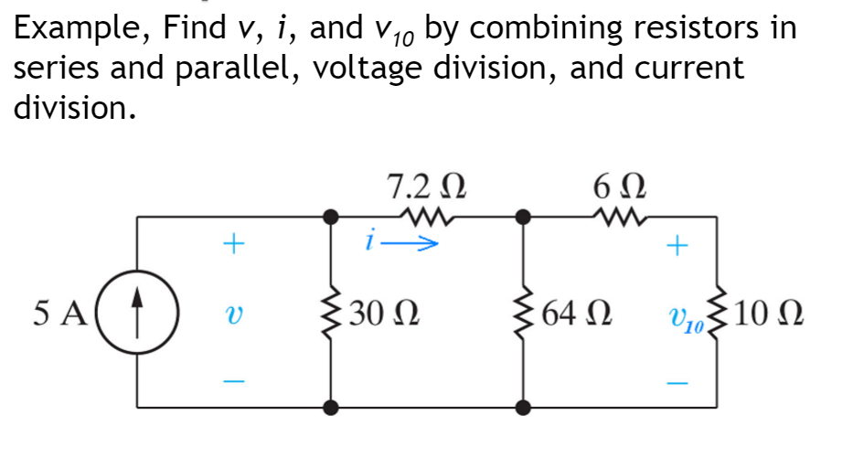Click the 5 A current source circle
coord(137,313)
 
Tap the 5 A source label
coord(59,313)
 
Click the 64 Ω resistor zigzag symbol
coord(523,313)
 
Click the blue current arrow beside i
coord(416,244)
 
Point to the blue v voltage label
coord(234,313)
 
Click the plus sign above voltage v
coord(234,244)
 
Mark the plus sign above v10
coord(677,245)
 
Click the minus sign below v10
coord(677,381)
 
